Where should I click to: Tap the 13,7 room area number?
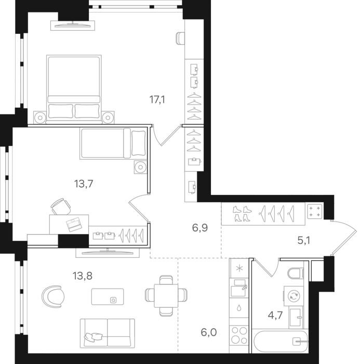coord(84,183)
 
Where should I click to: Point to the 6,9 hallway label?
coord(199,227)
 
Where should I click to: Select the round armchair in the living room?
coord(52,297)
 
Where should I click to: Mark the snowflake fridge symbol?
coord(239,268)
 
